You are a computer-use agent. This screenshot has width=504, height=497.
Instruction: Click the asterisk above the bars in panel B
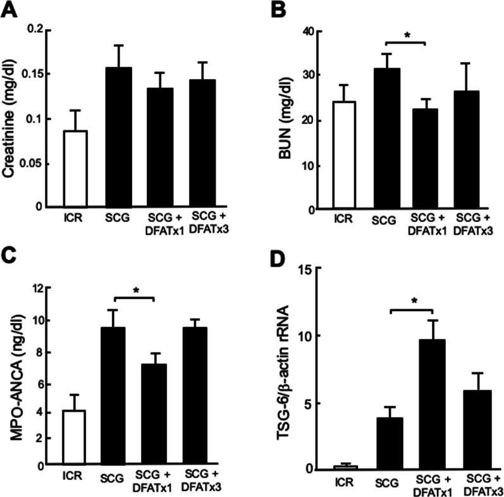[405, 37]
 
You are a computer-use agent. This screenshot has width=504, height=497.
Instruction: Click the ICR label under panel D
[345, 484]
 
